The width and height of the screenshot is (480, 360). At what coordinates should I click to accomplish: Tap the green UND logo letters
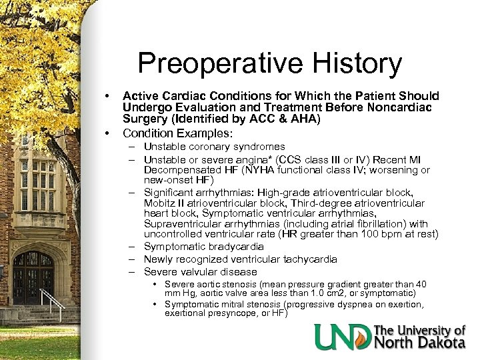pyautogui.click(x=343, y=337)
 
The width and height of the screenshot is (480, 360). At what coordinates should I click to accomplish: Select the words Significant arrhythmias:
pyautogui.click(x=195, y=192)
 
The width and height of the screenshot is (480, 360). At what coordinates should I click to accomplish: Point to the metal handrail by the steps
pyautogui.click(x=53, y=303)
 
